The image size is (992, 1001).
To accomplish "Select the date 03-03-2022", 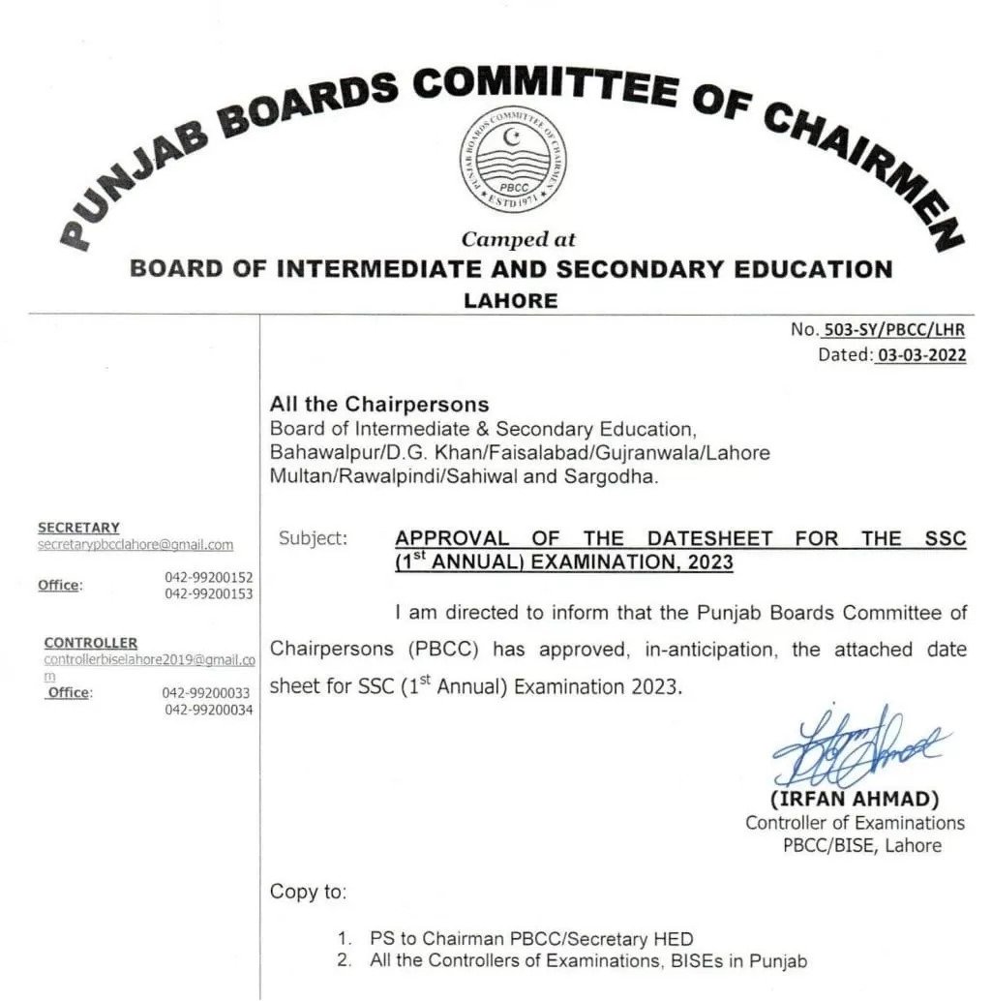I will [920, 355].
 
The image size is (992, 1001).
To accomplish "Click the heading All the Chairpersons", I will [379, 404].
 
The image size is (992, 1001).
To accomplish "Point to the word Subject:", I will [313, 538].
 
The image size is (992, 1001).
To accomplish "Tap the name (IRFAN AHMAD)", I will [855, 801].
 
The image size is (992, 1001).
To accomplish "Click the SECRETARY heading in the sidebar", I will [78, 528].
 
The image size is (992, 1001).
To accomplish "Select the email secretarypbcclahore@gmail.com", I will [135, 545].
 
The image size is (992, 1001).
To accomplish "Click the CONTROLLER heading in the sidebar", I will [90, 643].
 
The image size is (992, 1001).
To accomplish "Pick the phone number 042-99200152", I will [208, 577].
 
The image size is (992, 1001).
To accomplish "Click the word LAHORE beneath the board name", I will [511, 300].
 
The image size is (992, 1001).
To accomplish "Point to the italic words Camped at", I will [519, 239].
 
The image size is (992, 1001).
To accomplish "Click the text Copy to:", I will [308, 892].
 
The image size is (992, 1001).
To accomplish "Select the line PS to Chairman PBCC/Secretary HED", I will [531, 938].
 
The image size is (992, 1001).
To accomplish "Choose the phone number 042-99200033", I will [206, 693].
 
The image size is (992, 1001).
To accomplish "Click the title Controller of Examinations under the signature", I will [855, 823].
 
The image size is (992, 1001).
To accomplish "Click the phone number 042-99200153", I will [208, 593].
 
